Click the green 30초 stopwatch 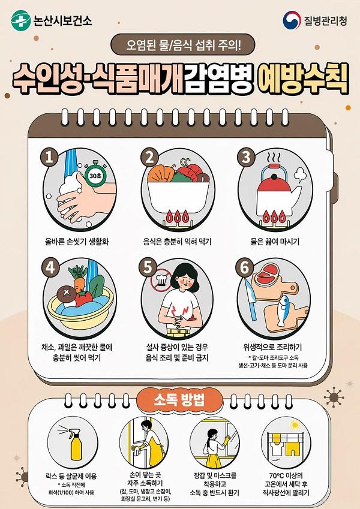(x=95, y=174)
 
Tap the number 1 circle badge (x=49, y=158)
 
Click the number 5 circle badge (x=148, y=268)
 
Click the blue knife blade (x=250, y=300)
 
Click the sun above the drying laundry (x=295, y=425)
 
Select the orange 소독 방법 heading (x=179, y=400)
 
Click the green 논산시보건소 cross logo (x=21, y=20)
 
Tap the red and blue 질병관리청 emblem (x=292, y=20)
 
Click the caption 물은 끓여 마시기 (x=275, y=242)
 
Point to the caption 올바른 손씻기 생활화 (x=77, y=242)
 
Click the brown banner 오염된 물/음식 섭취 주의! (x=182, y=45)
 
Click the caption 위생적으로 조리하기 (x=272, y=347)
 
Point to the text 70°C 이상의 (x=286, y=475)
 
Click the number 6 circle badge (x=244, y=268)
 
